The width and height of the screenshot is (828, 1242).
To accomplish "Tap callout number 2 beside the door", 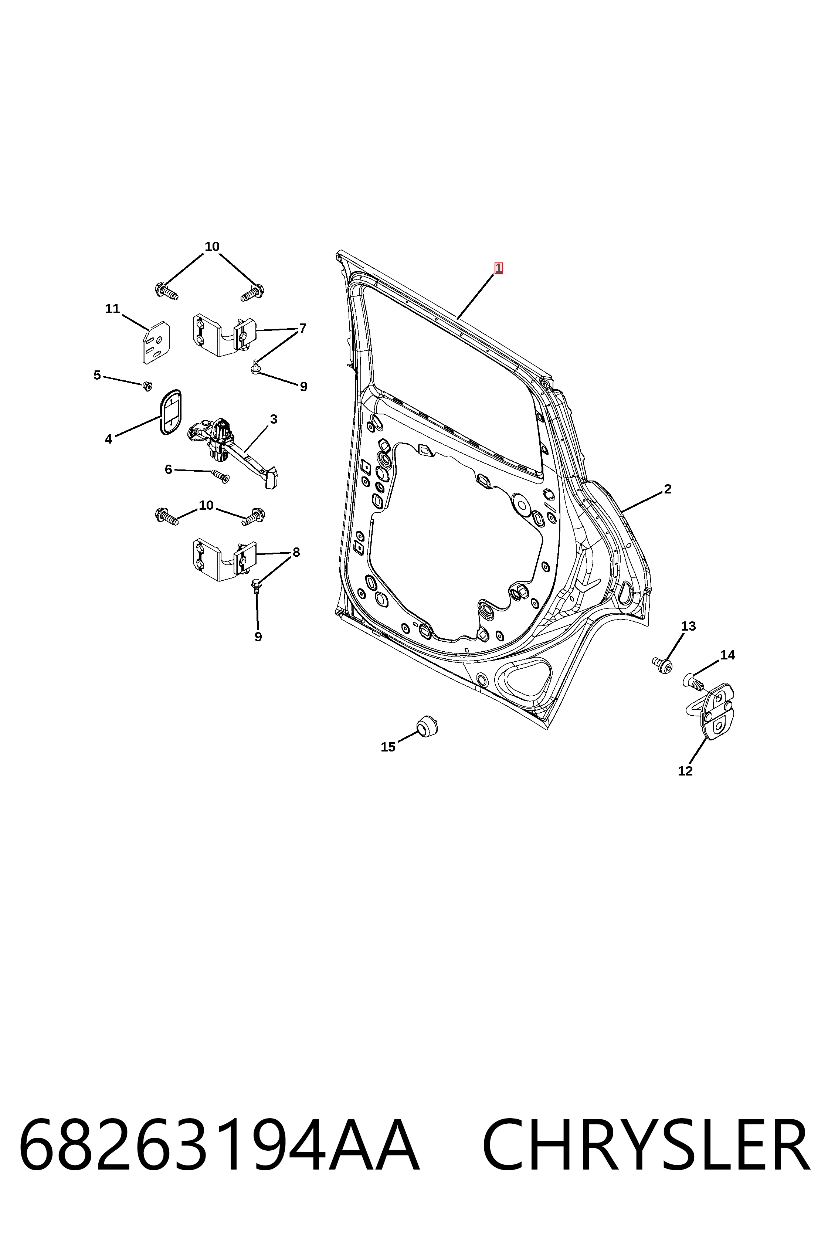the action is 668,489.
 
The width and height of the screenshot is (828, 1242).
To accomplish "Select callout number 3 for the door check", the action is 274,419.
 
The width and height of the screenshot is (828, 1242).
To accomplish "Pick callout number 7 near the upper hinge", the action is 303,329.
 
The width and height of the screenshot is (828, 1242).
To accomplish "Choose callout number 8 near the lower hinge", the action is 296,552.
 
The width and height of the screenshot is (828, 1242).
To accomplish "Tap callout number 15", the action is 388,747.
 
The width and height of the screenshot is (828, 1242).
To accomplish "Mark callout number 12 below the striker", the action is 685,771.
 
